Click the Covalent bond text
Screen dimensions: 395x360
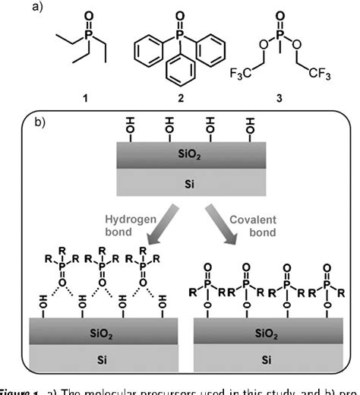pyautogui.click(x=252, y=223)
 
